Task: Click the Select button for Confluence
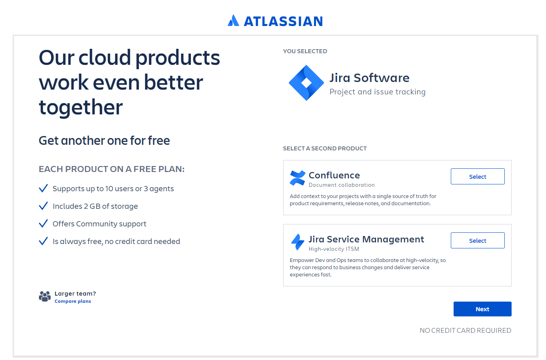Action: click(478, 176)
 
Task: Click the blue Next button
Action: click(482, 309)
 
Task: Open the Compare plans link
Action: click(73, 301)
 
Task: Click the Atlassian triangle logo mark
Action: click(233, 20)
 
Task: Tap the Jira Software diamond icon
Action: click(306, 83)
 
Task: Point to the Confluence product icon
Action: click(297, 178)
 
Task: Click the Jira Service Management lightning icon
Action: click(298, 242)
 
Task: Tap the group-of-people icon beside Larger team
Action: click(45, 296)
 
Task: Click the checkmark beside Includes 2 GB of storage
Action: click(43, 206)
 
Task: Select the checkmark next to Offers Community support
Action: click(43, 223)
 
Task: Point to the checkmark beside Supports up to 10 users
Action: click(43, 188)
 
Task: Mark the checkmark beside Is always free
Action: click(43, 241)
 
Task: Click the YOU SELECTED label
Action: click(305, 51)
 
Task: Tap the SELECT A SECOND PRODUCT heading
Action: click(325, 148)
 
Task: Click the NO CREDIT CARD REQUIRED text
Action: click(465, 330)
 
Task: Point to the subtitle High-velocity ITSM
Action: click(334, 249)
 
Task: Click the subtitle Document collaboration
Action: click(342, 185)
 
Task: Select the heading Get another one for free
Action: click(104, 141)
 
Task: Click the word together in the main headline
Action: click(81, 108)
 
